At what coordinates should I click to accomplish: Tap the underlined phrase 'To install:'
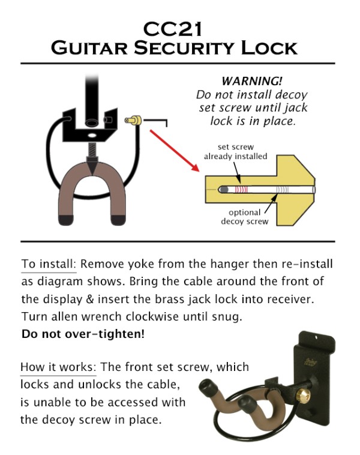tap(49, 264)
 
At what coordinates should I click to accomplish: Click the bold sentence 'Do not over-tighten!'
tap(83, 333)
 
